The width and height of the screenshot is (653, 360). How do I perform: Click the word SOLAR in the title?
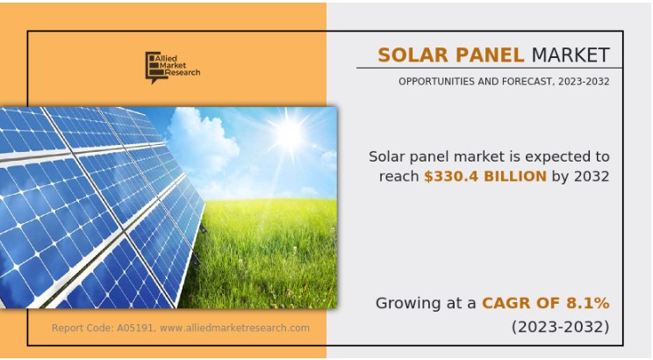tap(406, 55)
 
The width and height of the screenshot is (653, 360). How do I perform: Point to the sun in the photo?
tap(287, 133)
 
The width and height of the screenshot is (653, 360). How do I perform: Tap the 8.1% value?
tap(588, 303)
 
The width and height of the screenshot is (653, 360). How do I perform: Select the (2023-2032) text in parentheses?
tap(560, 328)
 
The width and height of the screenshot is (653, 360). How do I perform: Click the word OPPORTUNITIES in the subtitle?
tap(437, 82)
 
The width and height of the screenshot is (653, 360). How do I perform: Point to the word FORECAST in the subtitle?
tap(522, 82)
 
